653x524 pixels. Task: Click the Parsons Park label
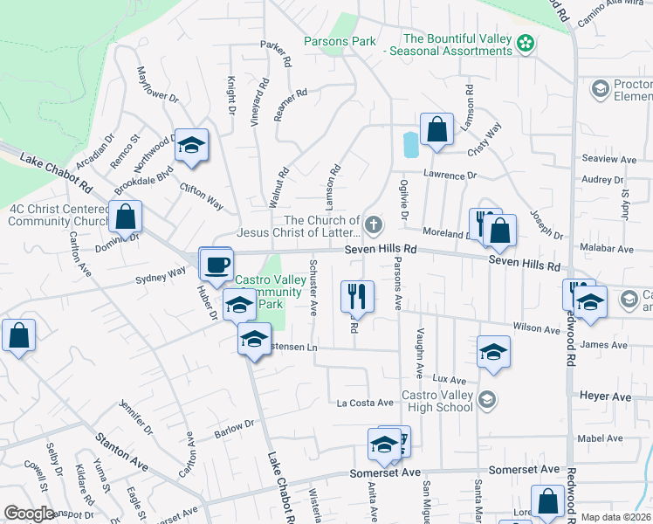(x=340, y=41)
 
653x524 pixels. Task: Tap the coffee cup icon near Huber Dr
(x=217, y=263)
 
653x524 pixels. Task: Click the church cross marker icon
(x=373, y=225)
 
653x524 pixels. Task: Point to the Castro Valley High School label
(x=436, y=401)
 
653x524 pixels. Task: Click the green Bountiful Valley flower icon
(x=525, y=43)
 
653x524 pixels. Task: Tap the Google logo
(x=29, y=514)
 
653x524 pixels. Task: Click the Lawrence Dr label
(x=450, y=176)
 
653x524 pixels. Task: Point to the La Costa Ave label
(x=366, y=403)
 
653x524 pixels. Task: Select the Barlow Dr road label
(x=235, y=429)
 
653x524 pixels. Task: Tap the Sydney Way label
(x=161, y=276)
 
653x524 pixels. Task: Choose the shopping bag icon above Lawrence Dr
(x=436, y=129)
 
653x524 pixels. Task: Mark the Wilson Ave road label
(x=536, y=329)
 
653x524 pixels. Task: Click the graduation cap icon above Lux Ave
(x=493, y=351)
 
